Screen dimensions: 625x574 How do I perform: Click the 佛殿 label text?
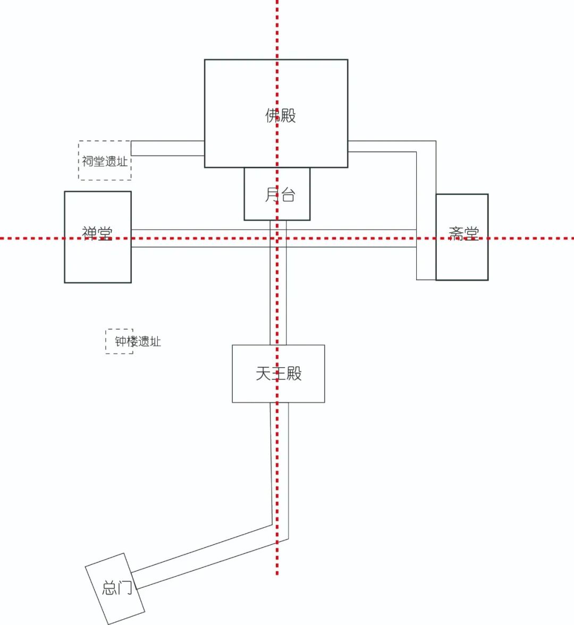coord(280,115)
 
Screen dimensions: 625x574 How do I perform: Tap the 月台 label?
coord(280,195)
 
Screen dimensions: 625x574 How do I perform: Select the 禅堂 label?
coord(97,233)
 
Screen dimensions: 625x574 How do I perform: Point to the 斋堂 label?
coord(463,233)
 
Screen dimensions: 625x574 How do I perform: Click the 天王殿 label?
coord(278,373)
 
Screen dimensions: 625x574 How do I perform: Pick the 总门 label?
coord(117,588)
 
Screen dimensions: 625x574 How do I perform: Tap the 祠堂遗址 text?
coord(105,161)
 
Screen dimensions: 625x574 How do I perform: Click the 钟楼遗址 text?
coord(138,341)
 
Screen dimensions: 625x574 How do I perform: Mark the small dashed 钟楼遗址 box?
coord(112,348)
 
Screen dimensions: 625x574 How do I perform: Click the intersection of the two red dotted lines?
coord(277,238)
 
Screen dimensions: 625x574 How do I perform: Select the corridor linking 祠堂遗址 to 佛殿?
coord(167,148)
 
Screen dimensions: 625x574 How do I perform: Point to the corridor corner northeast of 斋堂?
coord(426,146)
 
